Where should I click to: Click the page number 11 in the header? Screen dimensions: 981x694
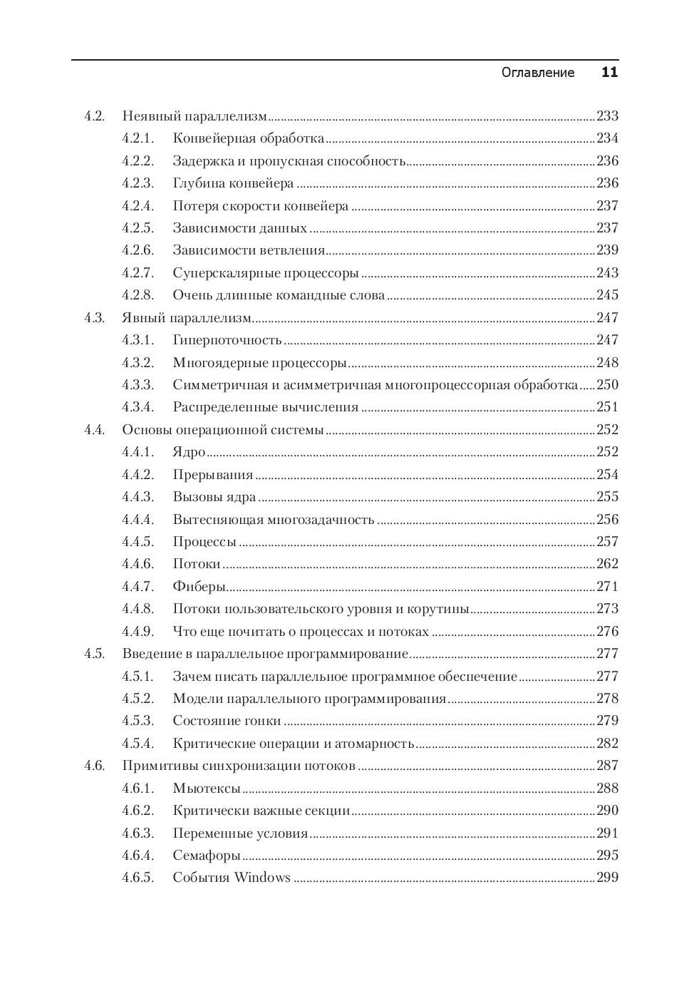pos(609,72)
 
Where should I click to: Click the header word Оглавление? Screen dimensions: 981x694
pos(538,73)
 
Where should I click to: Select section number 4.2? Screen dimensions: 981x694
pos(95,116)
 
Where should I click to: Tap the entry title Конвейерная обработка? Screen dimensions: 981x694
pos(248,138)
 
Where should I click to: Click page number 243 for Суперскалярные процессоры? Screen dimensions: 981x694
pos(607,273)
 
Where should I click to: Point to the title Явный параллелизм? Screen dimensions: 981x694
pos(187,318)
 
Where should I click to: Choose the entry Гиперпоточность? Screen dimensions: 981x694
pos(227,340)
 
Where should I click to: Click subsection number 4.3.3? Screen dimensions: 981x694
pos(138,385)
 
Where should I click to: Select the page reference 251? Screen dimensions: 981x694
pos(607,407)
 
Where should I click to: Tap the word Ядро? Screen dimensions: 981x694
pos(189,452)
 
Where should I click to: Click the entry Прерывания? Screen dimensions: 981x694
pos(212,475)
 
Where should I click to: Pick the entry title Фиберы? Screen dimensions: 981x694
pos(199,587)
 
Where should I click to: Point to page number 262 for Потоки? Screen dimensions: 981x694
pos(607,564)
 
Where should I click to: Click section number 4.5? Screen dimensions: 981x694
pos(95,654)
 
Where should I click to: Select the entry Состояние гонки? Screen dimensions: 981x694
pos(227,721)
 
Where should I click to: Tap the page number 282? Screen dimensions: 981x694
pos(607,744)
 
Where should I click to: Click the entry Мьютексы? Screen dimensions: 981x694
pos(207,789)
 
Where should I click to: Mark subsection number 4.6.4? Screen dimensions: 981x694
pos(138,856)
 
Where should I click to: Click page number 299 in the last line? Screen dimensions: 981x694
pos(607,878)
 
